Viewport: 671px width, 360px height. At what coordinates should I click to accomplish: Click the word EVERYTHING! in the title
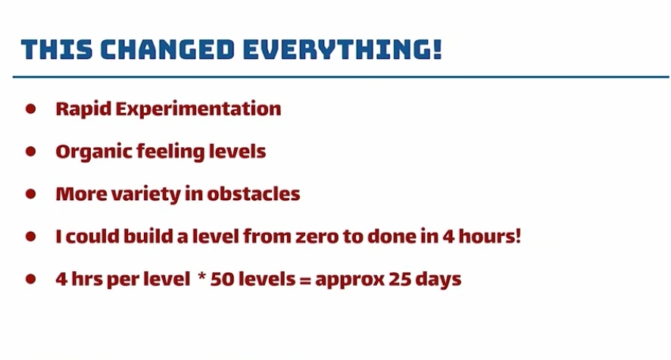click(342, 49)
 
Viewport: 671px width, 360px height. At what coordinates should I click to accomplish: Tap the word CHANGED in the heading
click(167, 49)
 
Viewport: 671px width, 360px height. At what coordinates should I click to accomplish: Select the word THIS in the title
click(57, 49)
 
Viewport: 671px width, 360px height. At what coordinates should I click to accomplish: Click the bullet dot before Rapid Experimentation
click(31, 108)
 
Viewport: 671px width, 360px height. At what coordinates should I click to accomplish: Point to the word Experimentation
click(198, 109)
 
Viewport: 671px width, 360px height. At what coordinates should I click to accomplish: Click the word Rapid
click(83, 109)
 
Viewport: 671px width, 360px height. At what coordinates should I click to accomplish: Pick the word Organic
click(94, 152)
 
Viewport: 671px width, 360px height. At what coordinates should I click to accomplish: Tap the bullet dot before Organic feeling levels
click(31, 151)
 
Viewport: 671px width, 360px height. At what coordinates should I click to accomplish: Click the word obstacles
click(254, 194)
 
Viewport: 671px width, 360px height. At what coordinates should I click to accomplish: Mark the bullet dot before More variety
click(31, 194)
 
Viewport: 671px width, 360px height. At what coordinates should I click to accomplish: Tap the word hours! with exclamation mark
click(489, 236)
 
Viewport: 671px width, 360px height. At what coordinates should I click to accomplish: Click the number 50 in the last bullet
click(222, 279)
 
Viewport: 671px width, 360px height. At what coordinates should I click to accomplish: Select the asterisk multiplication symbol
click(202, 276)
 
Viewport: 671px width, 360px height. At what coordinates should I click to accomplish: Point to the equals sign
click(304, 280)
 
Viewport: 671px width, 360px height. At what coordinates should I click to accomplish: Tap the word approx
click(349, 280)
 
